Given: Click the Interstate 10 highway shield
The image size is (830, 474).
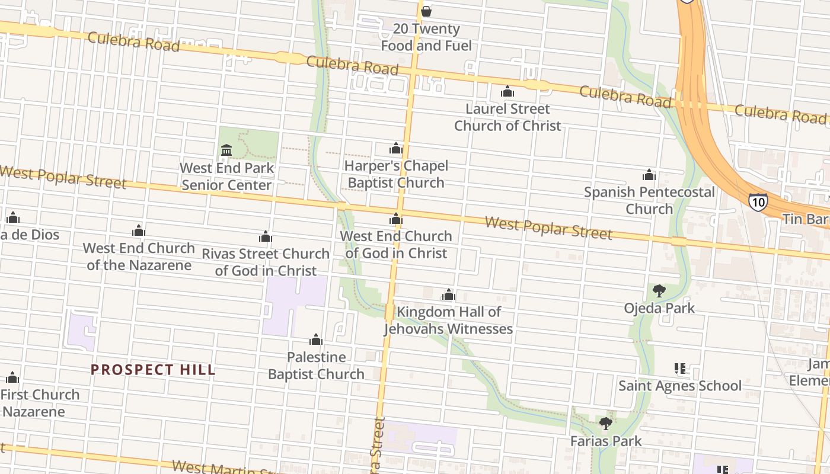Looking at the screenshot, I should point(758,201).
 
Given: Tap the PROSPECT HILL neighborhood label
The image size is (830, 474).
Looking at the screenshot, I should point(153,370).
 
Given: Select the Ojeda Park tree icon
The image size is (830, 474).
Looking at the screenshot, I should point(659,290).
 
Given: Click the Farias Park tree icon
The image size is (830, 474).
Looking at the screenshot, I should point(605,423).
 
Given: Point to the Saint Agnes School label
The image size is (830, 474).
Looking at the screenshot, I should point(680,386).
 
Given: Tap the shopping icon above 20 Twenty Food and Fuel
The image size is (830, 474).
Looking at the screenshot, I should point(426,11).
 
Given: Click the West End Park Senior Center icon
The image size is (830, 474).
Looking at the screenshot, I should point(226,150).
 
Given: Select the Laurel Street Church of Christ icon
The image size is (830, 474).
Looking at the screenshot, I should point(507,91).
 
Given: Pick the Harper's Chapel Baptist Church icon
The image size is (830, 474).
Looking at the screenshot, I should point(396,148).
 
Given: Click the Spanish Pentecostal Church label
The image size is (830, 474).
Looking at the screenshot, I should point(649,200).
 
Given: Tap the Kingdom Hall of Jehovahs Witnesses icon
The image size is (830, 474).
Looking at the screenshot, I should point(449,294).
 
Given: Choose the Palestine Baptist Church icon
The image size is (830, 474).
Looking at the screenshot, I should point(316,340).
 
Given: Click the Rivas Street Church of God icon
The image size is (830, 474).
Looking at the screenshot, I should point(266,237).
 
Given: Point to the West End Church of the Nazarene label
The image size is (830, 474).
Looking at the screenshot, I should point(139,256).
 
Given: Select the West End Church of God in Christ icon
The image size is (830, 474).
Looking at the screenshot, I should point(396,219).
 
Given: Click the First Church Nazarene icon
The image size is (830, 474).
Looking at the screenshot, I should point(12,377).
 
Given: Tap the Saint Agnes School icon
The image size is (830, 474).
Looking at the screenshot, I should point(680,369).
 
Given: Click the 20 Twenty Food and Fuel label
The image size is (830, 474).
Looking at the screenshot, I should point(426,37).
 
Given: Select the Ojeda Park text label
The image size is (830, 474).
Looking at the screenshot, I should point(659,308).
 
